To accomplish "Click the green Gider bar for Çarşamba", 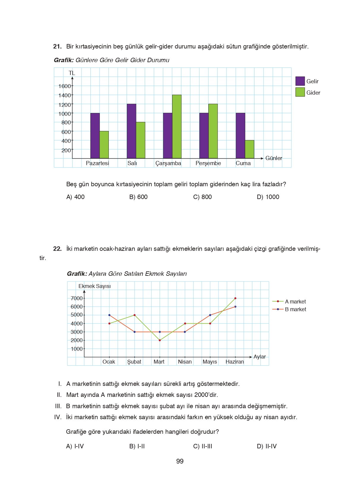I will tap(177, 126).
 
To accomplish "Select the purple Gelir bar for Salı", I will tap(131, 131).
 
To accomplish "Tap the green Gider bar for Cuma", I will tap(249, 149).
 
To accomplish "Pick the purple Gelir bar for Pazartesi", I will tap(95, 136).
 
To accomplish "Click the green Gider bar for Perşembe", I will tap(213, 131).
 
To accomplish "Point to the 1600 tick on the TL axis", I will tap(65, 86).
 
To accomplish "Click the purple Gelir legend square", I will tap(300, 81).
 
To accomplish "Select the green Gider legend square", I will tap(300, 92).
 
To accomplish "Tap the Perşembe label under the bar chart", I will tap(208, 163).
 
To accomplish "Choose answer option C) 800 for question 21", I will tap(202, 197).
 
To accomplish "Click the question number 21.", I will tap(57, 46).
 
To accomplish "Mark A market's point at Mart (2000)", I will tap(160, 340).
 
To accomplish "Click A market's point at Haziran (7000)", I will tap(235, 298).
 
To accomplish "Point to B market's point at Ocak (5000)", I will tap(109, 315).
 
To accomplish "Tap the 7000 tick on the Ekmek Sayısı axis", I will tap(77, 298).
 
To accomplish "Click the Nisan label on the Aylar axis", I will tap(185, 362).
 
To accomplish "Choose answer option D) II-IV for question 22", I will tap(267, 446).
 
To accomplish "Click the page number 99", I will tap(180, 461).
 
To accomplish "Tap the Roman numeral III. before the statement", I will tap(58, 406).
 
